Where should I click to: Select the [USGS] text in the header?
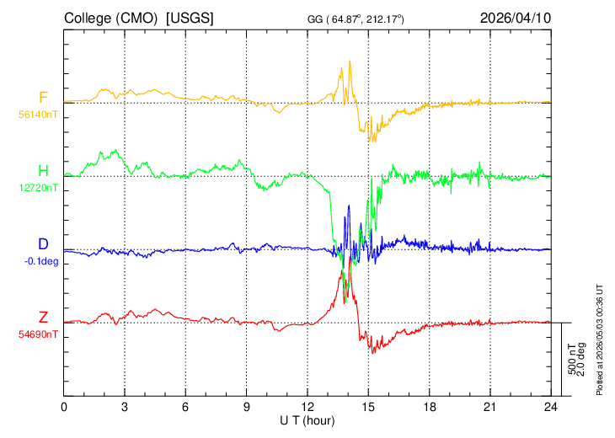[190, 19]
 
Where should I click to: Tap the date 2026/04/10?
[516, 18]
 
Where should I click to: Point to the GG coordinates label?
[356, 19]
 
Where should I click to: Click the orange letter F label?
[43, 97]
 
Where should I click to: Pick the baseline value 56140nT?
[38, 115]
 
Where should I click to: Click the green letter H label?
[43, 171]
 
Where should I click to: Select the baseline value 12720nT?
[38, 188]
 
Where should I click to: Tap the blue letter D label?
[43, 244]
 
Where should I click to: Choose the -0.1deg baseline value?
[41, 261]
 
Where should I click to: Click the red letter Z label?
[43, 317]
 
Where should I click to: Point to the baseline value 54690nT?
[38, 334]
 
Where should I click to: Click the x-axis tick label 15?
[368, 408]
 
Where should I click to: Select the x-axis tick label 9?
[247, 408]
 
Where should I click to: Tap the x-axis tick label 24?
[551, 408]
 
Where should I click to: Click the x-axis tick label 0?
[64, 408]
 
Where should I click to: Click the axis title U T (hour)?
[307, 421]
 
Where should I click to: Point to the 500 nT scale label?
[572, 359]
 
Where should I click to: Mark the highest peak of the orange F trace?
[350, 61]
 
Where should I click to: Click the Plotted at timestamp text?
[600, 339]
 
